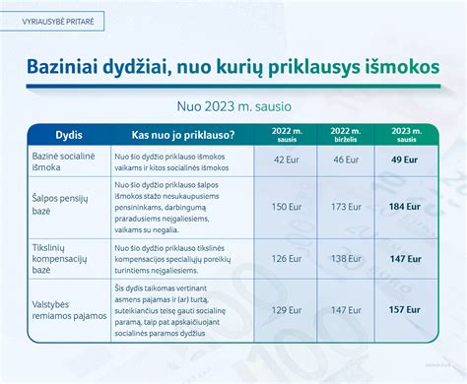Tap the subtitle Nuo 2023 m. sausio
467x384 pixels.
point(233,103)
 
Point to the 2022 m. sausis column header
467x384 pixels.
point(286,133)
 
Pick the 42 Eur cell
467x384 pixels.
point(286,160)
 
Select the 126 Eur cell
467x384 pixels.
point(286,258)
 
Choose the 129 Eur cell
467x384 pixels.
point(286,309)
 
